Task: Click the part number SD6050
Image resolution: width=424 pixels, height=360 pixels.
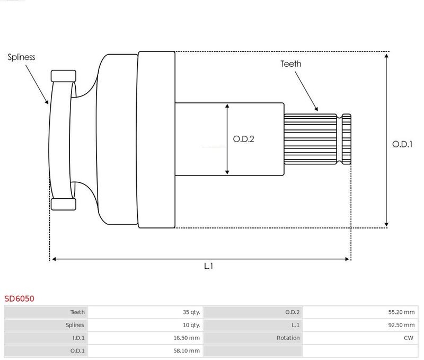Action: [20, 298]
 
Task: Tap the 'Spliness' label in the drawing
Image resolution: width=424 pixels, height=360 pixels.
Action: [21, 57]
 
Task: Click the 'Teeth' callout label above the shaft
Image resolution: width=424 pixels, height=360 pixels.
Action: [291, 64]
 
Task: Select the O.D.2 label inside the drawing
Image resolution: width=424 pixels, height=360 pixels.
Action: [244, 139]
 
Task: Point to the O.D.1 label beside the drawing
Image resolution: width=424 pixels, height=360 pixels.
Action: [402, 144]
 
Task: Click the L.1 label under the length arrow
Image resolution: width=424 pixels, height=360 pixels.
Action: [209, 266]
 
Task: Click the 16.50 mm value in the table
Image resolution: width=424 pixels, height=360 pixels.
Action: [189, 338]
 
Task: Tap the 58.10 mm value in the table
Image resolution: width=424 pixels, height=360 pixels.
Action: [189, 350]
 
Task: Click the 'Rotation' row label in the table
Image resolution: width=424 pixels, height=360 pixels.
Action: [288, 338]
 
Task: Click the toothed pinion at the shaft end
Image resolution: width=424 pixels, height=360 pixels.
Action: [317, 139]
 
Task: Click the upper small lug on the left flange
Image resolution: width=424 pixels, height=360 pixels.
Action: [64, 76]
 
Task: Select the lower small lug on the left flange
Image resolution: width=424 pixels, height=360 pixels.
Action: [64, 204]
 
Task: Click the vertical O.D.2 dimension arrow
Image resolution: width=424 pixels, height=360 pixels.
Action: [227, 139]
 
